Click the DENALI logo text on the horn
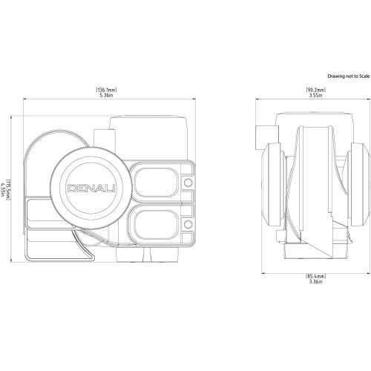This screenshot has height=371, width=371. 91,188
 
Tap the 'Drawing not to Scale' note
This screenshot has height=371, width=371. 349,76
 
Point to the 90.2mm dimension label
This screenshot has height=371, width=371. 316,90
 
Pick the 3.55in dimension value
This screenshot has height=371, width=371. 316,95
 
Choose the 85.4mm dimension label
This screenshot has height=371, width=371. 316,276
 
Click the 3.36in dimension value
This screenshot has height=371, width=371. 316,281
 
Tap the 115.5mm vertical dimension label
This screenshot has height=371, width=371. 7,190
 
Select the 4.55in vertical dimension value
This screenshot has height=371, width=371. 2,190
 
